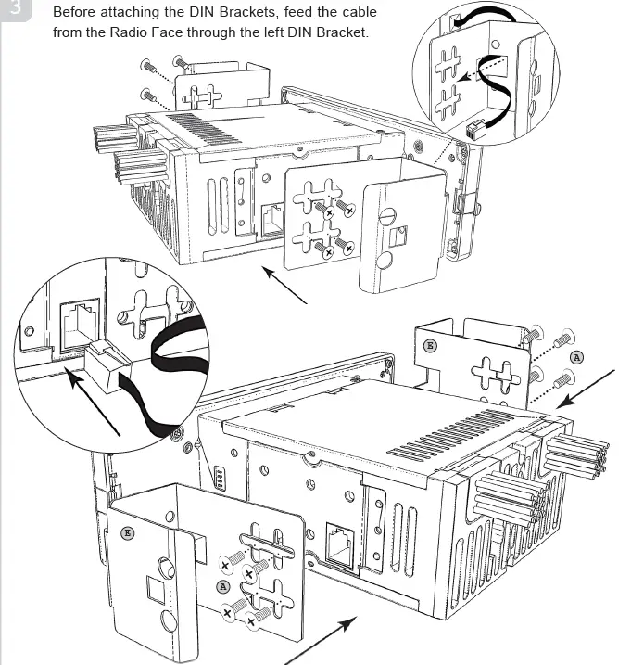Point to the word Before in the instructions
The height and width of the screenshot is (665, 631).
point(77,14)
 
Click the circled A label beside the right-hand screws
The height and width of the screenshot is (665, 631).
point(576,357)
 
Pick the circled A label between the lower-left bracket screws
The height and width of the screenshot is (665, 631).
point(222,586)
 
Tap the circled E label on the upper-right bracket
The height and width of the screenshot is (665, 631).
point(428,345)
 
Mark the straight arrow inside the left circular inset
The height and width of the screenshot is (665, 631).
point(98,403)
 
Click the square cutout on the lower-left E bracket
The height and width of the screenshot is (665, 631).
point(154,588)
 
